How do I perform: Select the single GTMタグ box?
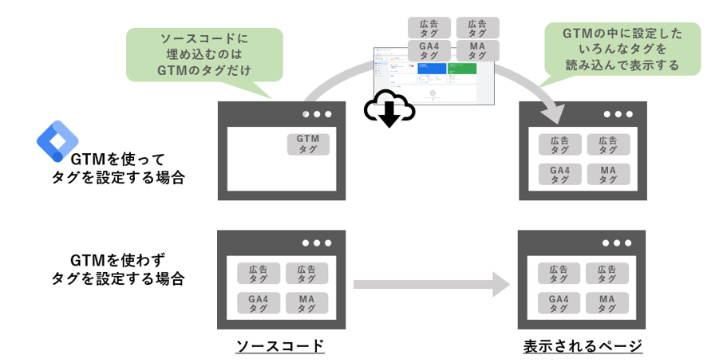click(308, 144)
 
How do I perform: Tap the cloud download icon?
click(389, 111)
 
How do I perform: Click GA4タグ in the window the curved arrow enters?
click(559, 174)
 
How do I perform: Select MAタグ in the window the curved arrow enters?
click(607, 174)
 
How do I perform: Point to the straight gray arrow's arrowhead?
click(500, 283)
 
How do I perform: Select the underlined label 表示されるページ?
click(583, 346)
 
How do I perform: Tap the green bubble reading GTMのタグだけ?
click(205, 54)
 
